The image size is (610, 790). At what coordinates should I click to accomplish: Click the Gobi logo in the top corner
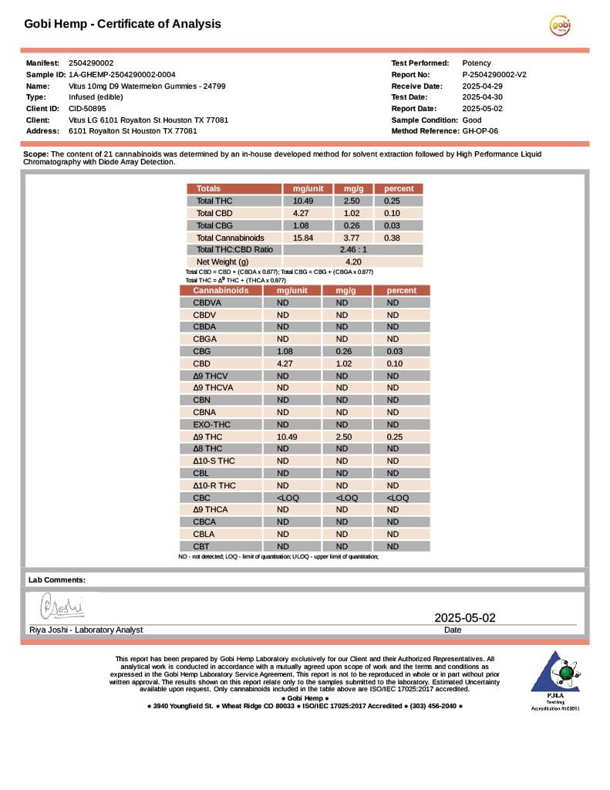560,25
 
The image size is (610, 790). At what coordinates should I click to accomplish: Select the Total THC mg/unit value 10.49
292,201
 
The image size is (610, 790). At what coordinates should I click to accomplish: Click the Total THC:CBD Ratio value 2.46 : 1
353,250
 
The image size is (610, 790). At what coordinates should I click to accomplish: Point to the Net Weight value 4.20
353,262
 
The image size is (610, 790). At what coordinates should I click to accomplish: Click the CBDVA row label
207,302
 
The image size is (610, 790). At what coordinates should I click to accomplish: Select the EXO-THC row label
211,424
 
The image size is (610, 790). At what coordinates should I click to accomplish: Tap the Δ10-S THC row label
214,461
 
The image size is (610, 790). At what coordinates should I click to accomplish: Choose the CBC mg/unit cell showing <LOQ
288,498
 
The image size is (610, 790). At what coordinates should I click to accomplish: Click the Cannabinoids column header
221,290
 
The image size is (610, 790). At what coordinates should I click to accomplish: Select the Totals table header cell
208,188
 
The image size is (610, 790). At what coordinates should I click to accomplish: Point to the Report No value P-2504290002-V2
494,75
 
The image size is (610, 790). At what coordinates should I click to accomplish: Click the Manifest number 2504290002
91,62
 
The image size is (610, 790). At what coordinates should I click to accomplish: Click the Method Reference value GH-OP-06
480,131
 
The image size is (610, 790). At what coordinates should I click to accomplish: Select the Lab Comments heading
57,579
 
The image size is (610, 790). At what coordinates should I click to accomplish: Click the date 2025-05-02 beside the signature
465,617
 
